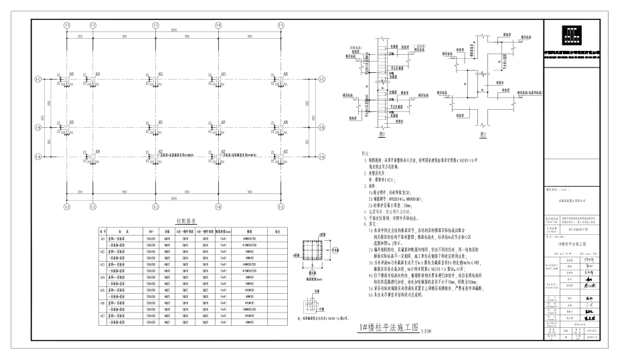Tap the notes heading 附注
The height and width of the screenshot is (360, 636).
pos(366,154)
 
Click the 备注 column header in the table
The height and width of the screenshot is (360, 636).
pos(276,231)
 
